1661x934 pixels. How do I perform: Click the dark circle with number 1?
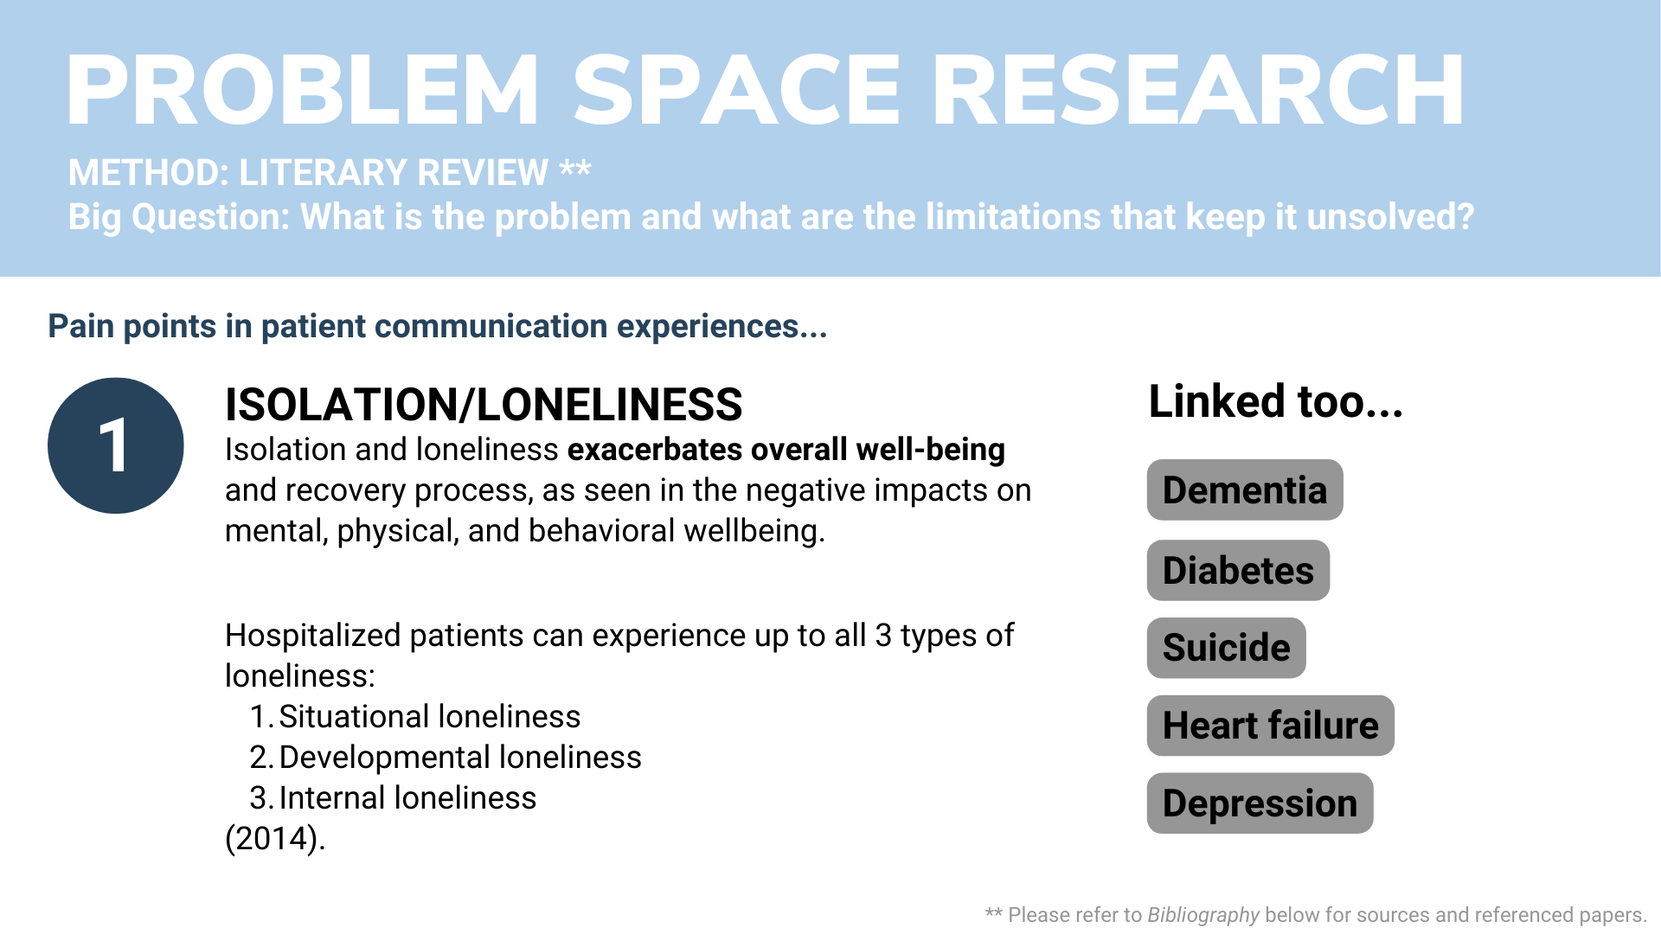[116, 445]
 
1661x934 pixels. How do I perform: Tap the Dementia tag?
[1245, 489]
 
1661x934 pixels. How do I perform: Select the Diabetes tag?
[1238, 570]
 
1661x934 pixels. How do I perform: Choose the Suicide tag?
[1226, 648]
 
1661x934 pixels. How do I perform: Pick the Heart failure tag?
[1270, 726]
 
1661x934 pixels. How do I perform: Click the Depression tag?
[1260, 803]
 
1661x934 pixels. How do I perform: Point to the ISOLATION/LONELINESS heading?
[484, 404]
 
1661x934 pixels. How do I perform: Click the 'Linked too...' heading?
[1276, 401]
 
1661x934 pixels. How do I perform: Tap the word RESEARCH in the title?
[1198, 91]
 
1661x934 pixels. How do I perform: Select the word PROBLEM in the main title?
[303, 91]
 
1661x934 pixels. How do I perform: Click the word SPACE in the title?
[737, 91]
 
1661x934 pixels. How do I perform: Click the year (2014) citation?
[275, 838]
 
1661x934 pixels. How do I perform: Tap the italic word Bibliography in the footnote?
[1203, 915]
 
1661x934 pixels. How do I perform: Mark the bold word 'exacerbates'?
[655, 450]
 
